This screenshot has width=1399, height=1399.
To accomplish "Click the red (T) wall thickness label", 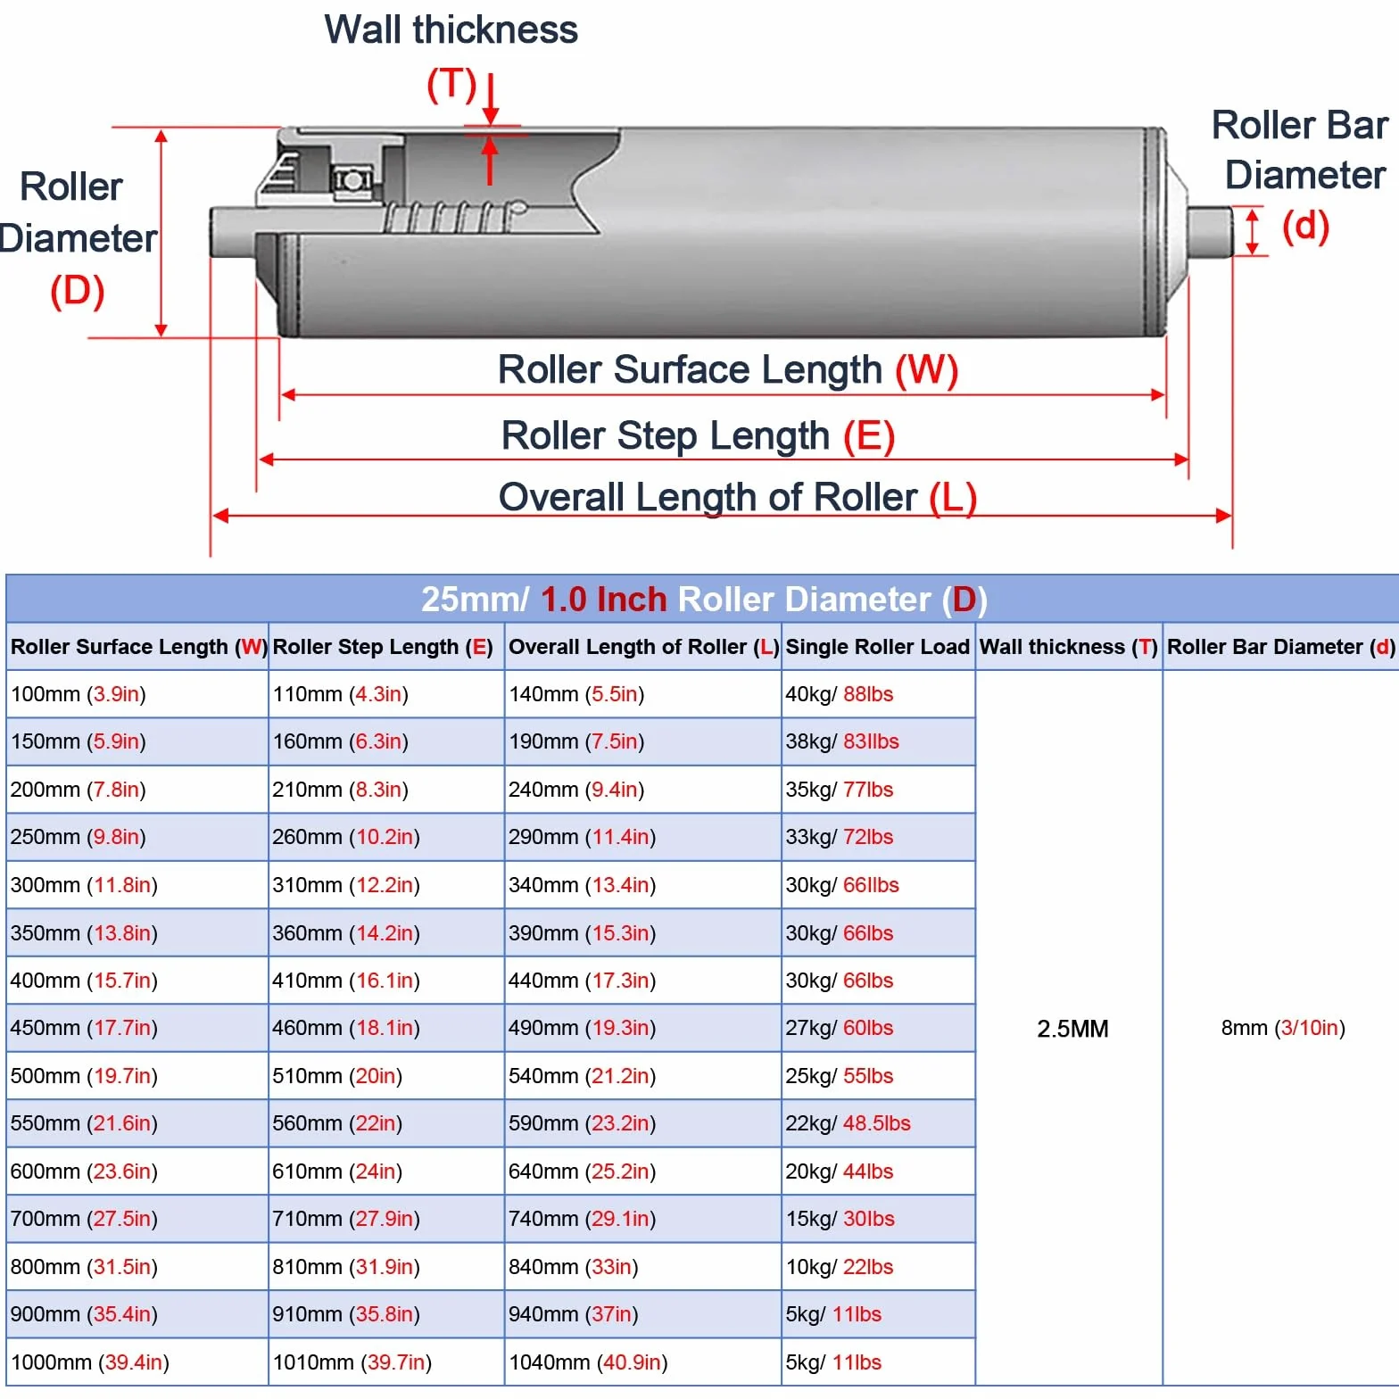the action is [451, 84].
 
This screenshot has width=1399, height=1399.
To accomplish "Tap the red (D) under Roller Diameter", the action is [78, 291].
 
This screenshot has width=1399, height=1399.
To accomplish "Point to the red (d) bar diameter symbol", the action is [1305, 226].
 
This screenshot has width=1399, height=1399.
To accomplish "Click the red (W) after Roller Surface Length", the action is [927, 369].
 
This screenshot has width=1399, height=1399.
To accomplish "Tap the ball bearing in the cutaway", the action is [352, 180].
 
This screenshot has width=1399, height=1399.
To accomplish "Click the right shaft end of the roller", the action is [1210, 231].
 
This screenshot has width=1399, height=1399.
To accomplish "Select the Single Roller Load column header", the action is [877, 647].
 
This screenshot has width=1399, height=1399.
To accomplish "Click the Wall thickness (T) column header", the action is [1069, 647].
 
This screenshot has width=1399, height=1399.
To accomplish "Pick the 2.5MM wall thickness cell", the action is [1072, 1029].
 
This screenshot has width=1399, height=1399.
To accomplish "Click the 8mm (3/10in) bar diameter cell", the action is [1283, 1028].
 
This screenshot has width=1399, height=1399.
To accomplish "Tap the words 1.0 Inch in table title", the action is [604, 600].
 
